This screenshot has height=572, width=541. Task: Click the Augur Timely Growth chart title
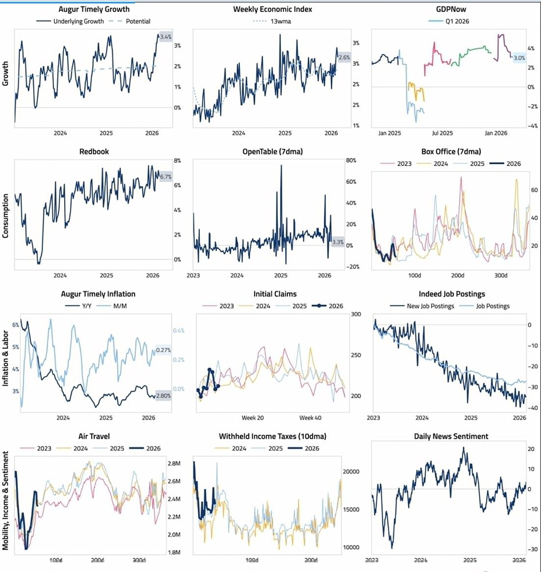(x=94, y=9)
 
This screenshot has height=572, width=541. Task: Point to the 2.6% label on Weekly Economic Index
(x=344, y=58)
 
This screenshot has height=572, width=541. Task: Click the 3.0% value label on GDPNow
(x=519, y=58)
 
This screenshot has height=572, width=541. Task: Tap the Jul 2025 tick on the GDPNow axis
(x=442, y=133)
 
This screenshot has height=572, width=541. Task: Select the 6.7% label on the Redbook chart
(x=165, y=177)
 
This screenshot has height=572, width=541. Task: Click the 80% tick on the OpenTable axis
(x=351, y=160)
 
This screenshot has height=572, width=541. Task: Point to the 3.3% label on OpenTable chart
(x=338, y=242)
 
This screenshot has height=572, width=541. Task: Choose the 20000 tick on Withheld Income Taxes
(x=350, y=471)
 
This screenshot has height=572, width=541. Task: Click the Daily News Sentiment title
(x=451, y=436)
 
